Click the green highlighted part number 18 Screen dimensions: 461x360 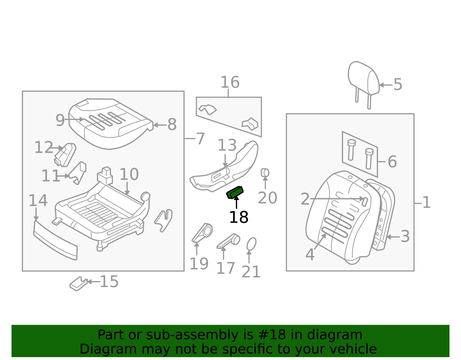235,192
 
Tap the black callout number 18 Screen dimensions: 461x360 239,217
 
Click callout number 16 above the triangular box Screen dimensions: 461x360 230,82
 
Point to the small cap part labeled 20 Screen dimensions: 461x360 265,173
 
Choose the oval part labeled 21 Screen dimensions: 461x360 252,244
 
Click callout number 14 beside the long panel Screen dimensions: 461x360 38,201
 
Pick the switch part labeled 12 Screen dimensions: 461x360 65,155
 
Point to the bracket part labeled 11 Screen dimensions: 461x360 78,173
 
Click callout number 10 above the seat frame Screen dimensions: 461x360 129,174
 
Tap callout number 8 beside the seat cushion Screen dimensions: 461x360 172,125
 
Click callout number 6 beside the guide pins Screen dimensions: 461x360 392,162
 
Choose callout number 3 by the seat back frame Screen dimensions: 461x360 405,236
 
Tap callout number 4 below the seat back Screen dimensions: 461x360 310,254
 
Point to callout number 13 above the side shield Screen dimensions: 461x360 227,145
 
